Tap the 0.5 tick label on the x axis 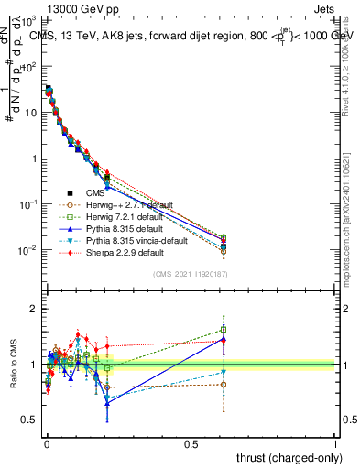pos(191,442)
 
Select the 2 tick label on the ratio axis pos(34,310)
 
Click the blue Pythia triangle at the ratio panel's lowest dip pos(107,403)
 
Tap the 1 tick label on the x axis pos(335,442)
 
